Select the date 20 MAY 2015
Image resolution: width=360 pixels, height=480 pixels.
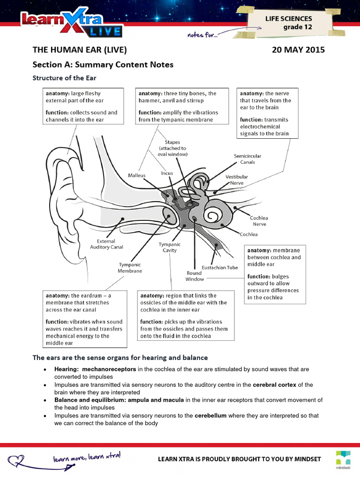(298, 50)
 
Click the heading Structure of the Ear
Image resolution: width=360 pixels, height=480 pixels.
(64, 78)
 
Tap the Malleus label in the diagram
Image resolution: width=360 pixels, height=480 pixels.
(137, 175)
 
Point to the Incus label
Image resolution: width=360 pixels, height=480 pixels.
(167, 173)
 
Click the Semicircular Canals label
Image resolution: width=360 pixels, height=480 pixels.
(247, 159)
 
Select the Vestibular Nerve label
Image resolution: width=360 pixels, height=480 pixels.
(237, 180)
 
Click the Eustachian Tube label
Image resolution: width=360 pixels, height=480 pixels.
(219, 268)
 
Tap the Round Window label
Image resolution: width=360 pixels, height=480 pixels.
(195, 276)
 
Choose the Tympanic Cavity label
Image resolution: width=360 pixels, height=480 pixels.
(170, 247)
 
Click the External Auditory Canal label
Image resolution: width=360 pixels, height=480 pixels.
(107, 244)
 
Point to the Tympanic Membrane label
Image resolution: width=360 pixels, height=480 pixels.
(130, 268)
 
